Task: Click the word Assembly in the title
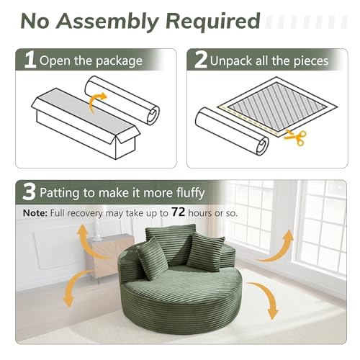point(107,22)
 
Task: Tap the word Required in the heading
point(213,21)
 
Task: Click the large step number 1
point(30,60)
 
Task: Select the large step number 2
point(201,60)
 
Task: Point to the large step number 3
point(29,192)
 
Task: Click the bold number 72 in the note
point(178,212)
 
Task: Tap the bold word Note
point(35,213)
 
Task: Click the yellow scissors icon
point(296,138)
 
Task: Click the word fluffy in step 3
point(191,193)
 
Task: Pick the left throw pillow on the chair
point(152,258)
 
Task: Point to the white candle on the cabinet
point(96,231)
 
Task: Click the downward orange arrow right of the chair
point(266,300)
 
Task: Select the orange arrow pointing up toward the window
point(279,248)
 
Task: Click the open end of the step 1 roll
point(153,114)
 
